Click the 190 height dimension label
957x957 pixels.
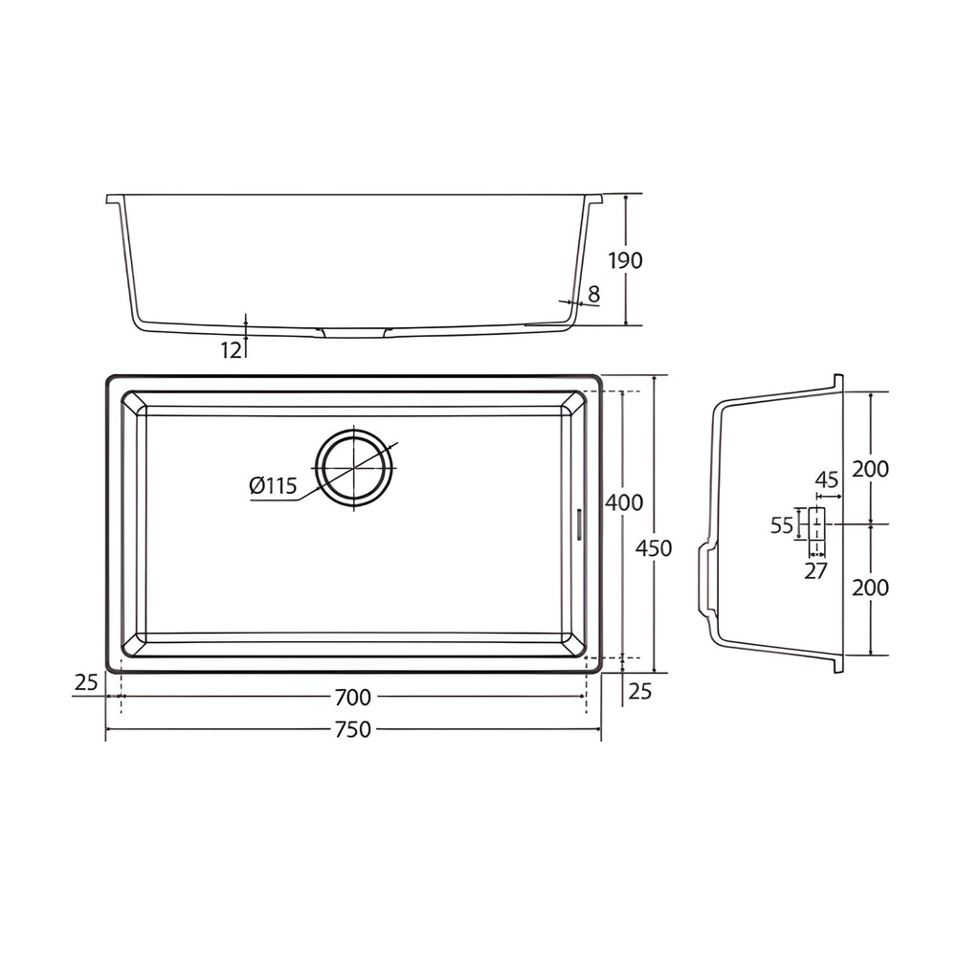(626, 260)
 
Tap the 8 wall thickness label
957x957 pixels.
(594, 295)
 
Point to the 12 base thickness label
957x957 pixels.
(232, 350)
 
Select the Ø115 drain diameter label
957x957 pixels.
(273, 486)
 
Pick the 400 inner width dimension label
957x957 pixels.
(624, 502)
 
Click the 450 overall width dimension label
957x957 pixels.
(654, 548)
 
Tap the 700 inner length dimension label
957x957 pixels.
(353, 697)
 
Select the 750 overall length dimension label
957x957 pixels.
(353, 729)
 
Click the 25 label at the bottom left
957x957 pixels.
(86, 682)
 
